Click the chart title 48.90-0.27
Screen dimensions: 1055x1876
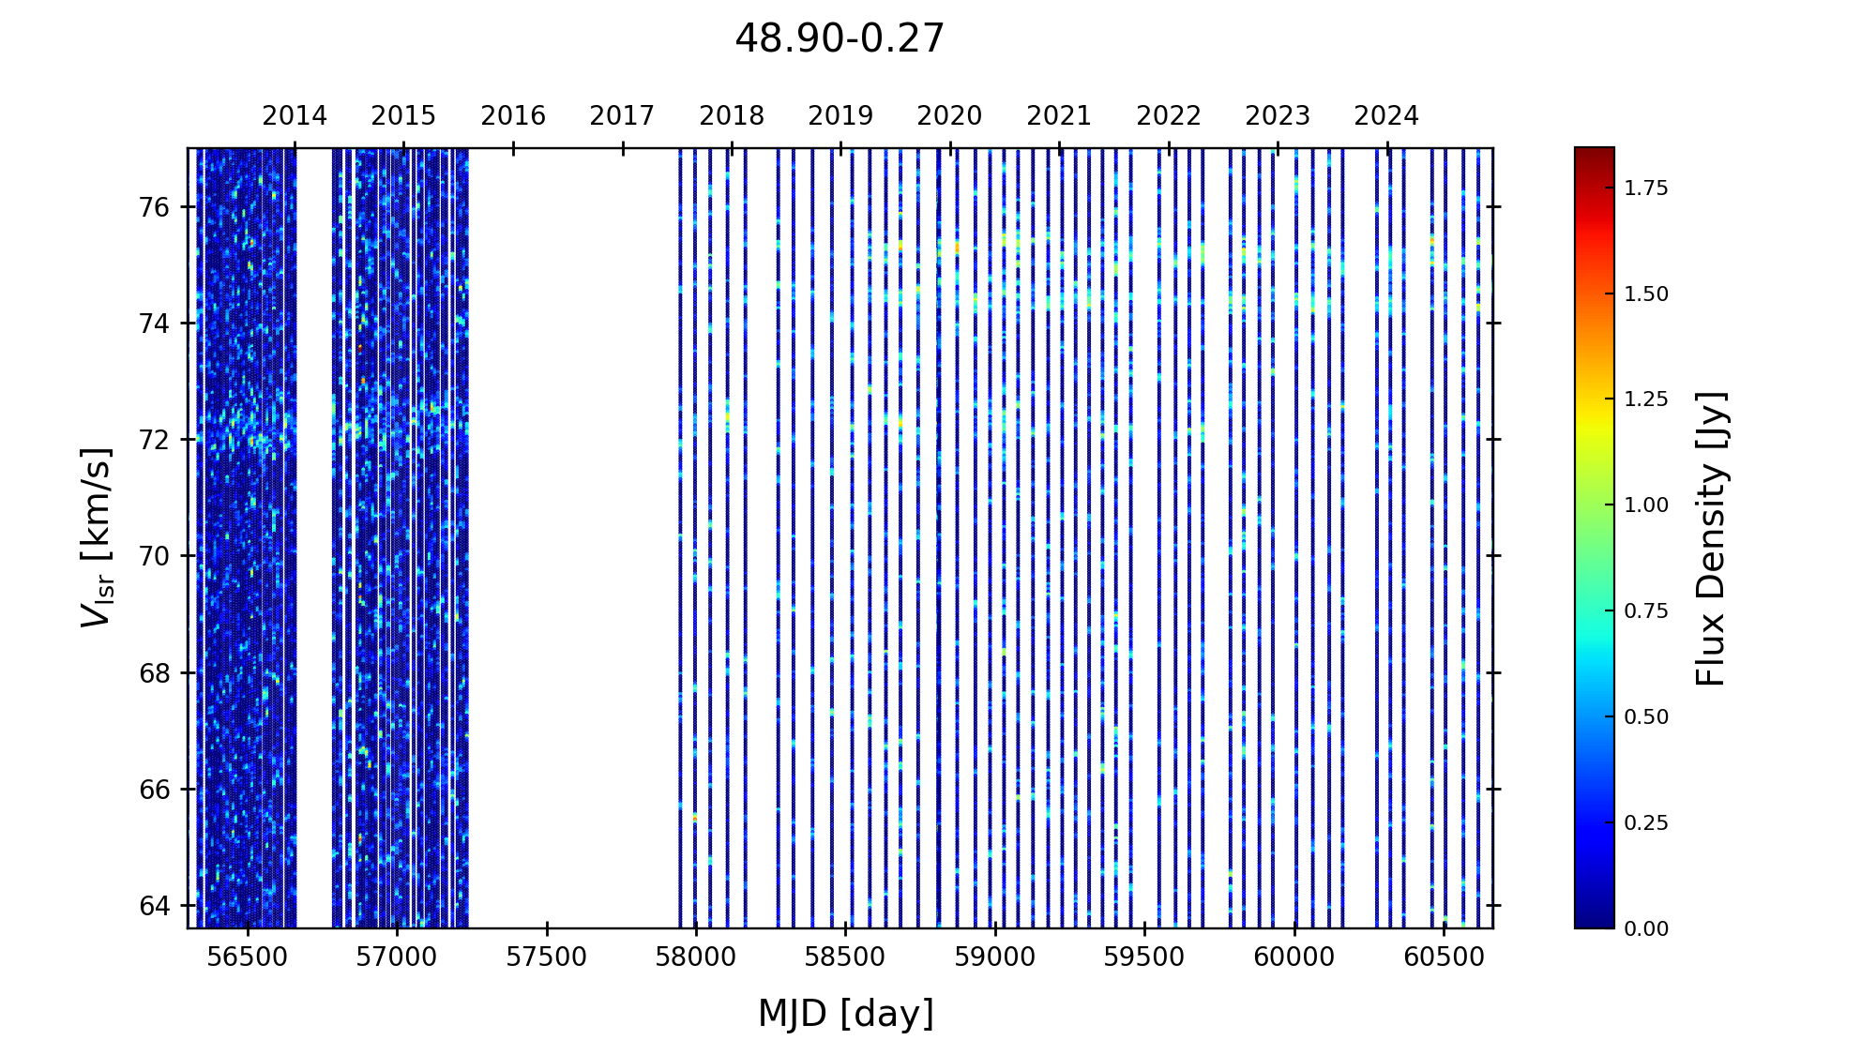point(840,38)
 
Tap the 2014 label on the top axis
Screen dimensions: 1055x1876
point(295,116)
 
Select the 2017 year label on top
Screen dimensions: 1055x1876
point(622,116)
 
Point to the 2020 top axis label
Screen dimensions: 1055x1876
point(949,116)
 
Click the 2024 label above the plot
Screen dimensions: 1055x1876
point(1386,116)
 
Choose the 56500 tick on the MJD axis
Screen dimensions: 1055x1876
point(247,957)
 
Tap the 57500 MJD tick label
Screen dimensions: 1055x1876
point(547,957)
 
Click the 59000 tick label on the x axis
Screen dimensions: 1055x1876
point(995,957)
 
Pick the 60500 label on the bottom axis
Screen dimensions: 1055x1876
point(1445,957)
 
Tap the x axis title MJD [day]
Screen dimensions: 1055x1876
point(846,1014)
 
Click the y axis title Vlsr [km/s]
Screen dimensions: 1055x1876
point(97,537)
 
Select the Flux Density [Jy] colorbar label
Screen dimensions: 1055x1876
point(1712,538)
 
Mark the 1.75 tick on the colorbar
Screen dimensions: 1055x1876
point(1646,188)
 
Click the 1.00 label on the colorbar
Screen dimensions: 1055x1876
point(1646,505)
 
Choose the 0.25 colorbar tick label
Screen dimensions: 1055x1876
point(1646,823)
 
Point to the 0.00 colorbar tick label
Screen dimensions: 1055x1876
point(1646,929)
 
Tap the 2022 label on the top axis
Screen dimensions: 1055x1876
point(1169,116)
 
